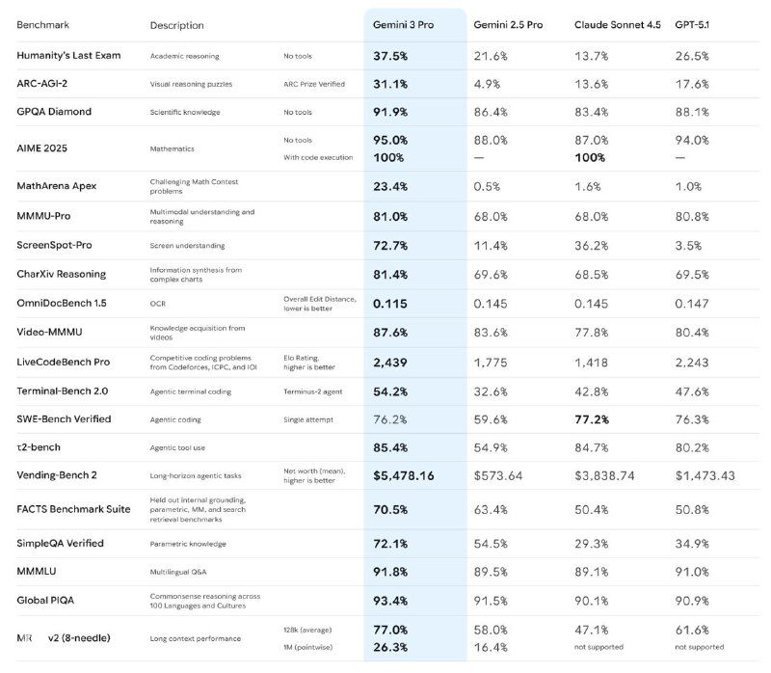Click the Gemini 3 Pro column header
click(x=404, y=24)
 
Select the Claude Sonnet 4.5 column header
click(x=616, y=24)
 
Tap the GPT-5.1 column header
click(x=698, y=24)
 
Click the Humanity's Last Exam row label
click(x=68, y=56)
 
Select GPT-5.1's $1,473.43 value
click(x=705, y=475)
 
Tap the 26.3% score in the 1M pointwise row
click(x=389, y=647)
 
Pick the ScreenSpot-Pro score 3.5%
click(x=689, y=246)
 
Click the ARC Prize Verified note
click(x=315, y=84)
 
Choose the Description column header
click(x=176, y=24)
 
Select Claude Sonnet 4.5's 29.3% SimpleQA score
click(x=592, y=544)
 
